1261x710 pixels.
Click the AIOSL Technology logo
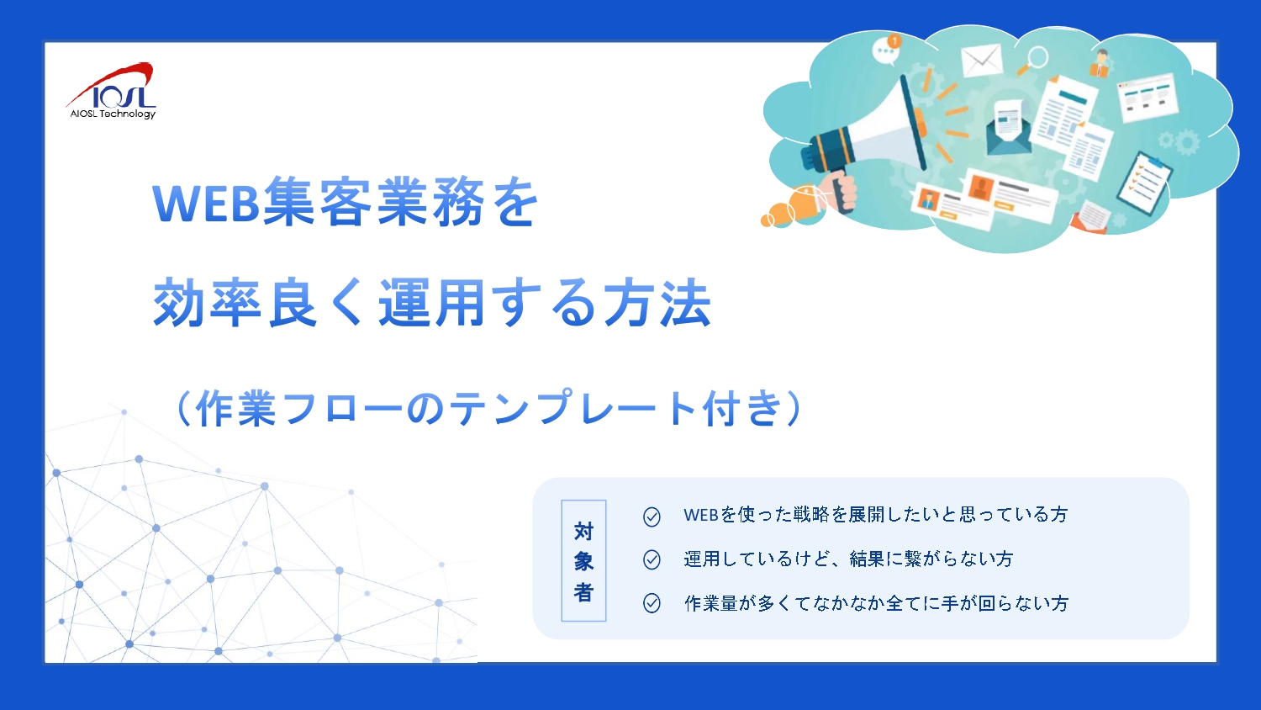112,91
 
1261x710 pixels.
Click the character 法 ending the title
686,303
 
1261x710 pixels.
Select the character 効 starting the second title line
178,303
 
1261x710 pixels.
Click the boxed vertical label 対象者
583,560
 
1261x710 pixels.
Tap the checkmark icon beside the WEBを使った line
652,517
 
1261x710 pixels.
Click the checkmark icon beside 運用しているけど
652,559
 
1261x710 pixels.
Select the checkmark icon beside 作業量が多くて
652,603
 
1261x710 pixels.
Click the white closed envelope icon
981,60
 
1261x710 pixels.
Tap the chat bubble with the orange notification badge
887,50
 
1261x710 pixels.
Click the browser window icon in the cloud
1148,97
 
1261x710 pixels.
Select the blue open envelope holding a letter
1009,127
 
